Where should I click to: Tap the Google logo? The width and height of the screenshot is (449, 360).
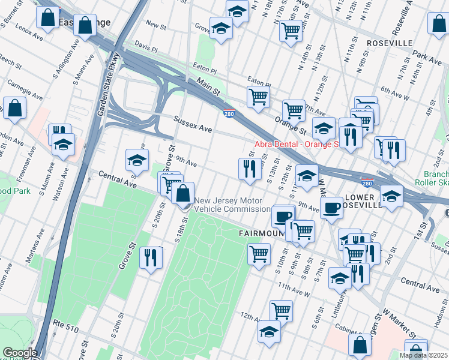(19, 353)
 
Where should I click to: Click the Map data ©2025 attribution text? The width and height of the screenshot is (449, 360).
(423, 355)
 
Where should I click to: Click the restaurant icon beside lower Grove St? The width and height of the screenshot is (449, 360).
(151, 257)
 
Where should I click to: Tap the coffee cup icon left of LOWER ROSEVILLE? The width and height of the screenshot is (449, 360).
(331, 208)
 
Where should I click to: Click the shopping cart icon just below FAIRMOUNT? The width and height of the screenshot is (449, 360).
(259, 253)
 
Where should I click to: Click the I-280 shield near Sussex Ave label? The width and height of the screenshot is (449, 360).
(229, 113)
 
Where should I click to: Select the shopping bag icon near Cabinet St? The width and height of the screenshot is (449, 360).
(360, 345)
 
